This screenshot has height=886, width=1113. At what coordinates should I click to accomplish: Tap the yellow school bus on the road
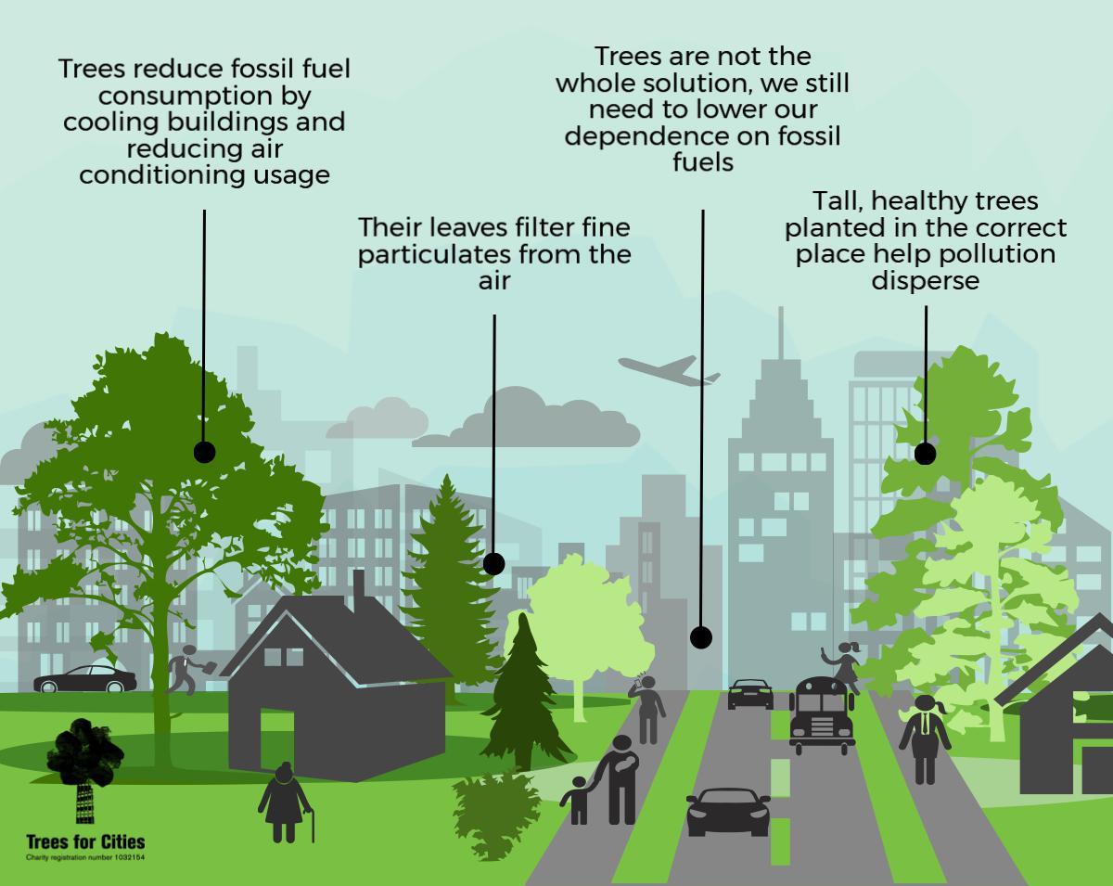click(x=821, y=713)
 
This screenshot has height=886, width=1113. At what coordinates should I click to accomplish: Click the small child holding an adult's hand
click(x=578, y=800)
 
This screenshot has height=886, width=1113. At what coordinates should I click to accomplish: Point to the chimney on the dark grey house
click(x=359, y=587)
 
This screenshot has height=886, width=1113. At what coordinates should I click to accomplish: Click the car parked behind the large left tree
click(x=85, y=679)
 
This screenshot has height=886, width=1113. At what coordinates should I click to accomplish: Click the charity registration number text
click(x=85, y=857)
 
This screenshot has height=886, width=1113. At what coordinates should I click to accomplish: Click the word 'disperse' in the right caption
click(x=925, y=280)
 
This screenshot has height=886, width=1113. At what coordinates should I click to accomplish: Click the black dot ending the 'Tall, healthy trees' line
click(x=925, y=454)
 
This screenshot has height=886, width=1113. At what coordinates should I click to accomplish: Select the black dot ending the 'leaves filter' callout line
click(x=493, y=563)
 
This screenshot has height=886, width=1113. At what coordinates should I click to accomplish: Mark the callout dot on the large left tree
click(x=204, y=452)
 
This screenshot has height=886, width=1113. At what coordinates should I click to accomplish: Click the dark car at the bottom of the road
click(x=728, y=811)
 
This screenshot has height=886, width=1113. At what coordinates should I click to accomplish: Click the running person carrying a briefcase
click(x=186, y=669)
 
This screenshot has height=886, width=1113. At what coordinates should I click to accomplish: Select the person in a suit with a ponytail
click(x=924, y=738)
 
